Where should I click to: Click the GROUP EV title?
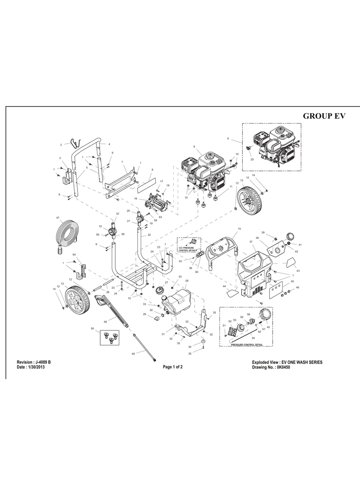coord(324,116)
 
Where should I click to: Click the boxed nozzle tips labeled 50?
coord(109,337)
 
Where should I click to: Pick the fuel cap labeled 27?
coord(162,290)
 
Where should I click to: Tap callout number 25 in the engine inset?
coord(252,159)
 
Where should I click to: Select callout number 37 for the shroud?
coord(251,242)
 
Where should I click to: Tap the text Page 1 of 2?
coord(172,367)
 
